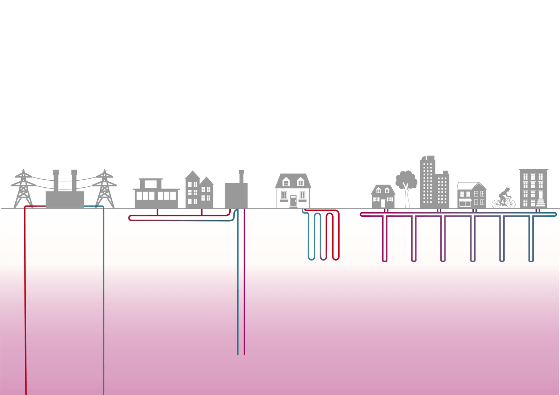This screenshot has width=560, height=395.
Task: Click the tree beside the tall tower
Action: click(x=406, y=182)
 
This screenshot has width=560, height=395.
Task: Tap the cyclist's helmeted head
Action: click(x=507, y=189)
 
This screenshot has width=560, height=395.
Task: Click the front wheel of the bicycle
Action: click(x=511, y=204)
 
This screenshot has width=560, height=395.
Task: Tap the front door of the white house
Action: click(x=293, y=201)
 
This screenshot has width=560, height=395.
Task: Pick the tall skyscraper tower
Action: click(x=427, y=182)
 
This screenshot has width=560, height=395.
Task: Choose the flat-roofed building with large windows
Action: click(x=156, y=195)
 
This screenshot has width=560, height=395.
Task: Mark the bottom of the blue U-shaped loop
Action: click(x=311, y=258)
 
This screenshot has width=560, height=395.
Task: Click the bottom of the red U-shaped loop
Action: click(x=336, y=259)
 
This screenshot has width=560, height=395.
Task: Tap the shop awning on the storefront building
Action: click(x=465, y=200)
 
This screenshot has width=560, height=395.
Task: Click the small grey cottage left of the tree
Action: click(x=383, y=197)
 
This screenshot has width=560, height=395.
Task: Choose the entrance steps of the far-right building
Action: click(x=541, y=203)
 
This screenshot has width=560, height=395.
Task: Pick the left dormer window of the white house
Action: click(x=286, y=182)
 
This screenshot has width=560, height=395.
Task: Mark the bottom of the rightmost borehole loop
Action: click(x=531, y=261)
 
